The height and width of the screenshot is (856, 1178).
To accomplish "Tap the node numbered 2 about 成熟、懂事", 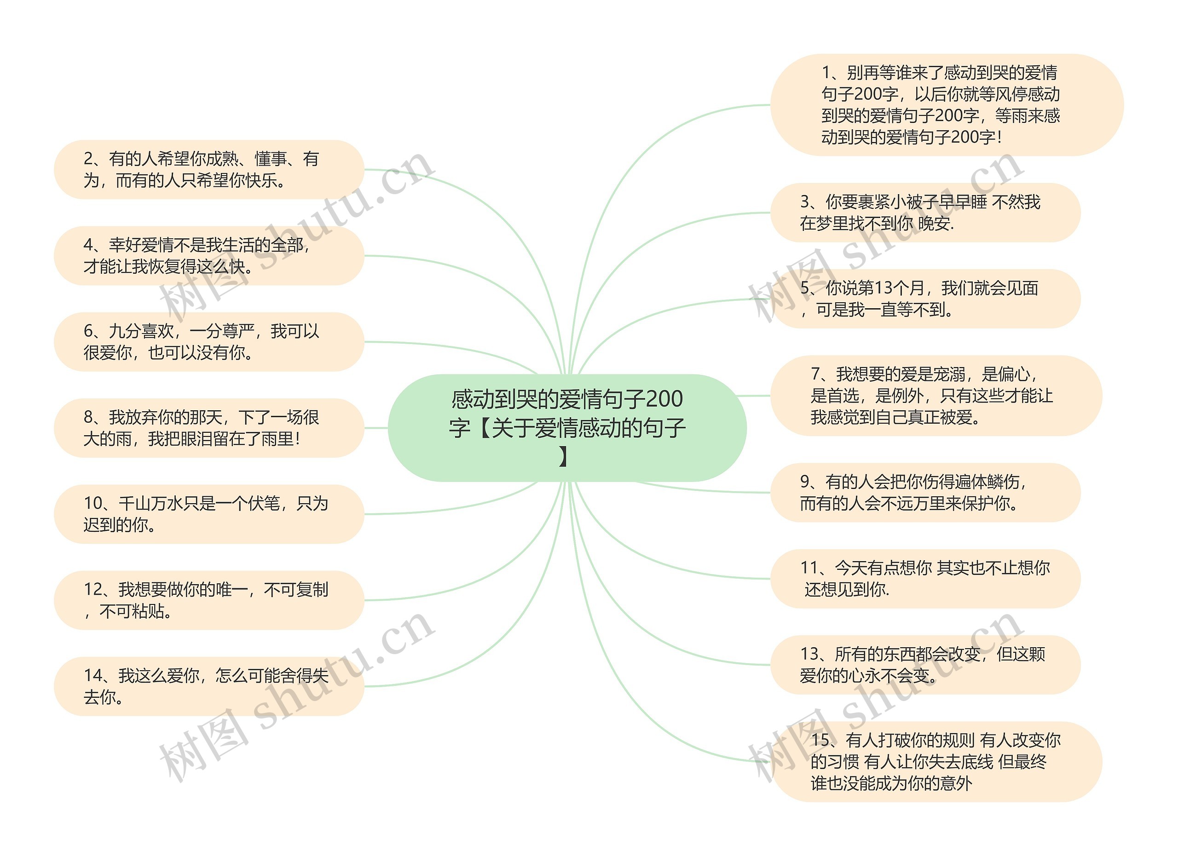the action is click(209, 169).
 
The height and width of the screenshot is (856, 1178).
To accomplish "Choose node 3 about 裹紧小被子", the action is click(925, 213).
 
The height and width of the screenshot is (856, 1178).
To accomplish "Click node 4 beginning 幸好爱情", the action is click(209, 255).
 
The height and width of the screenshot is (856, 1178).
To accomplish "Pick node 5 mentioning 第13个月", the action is click(925, 299).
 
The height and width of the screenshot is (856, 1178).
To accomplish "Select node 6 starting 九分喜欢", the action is click(209, 342).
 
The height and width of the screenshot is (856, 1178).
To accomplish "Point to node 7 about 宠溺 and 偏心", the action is click(935, 396).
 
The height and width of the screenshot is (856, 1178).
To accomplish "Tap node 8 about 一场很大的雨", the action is click(209, 428).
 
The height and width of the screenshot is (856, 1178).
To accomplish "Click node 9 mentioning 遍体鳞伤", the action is click(925, 492).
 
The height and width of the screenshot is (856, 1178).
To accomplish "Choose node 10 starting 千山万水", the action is click(209, 514).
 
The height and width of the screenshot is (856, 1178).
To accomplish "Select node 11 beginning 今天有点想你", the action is click(925, 578).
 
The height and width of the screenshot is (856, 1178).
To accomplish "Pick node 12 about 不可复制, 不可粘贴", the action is click(209, 600).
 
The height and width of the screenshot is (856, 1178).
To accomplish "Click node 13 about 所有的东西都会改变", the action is click(925, 665).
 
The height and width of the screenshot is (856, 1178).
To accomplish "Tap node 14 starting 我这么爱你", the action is click(209, 686).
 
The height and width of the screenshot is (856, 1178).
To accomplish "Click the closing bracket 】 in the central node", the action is click(564, 457).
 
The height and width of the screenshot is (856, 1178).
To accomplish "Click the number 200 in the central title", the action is click(664, 399).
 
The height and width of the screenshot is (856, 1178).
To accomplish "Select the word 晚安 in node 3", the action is click(935, 224).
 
